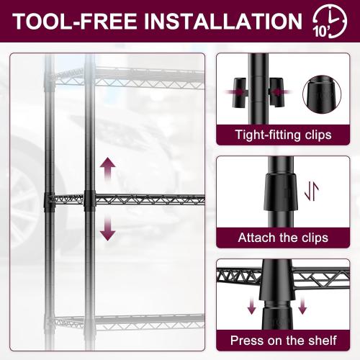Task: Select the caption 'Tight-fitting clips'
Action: point(282,134)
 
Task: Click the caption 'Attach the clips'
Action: point(282,237)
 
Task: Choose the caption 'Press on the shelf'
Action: point(282,339)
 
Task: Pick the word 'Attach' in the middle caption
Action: point(257,237)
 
